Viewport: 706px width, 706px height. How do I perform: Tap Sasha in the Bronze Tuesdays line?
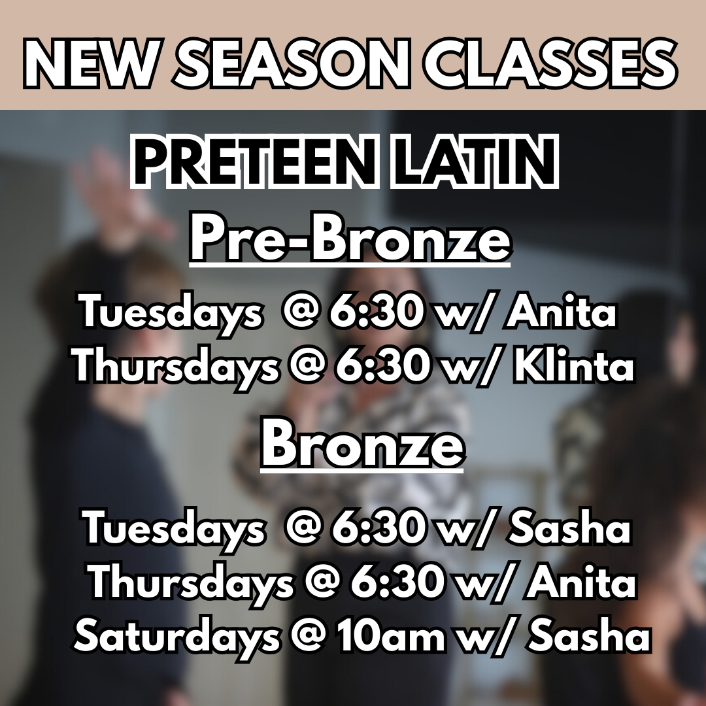(570, 528)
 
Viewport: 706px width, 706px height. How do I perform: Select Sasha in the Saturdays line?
(590, 637)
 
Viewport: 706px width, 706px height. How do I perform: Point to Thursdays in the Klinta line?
(176, 367)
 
